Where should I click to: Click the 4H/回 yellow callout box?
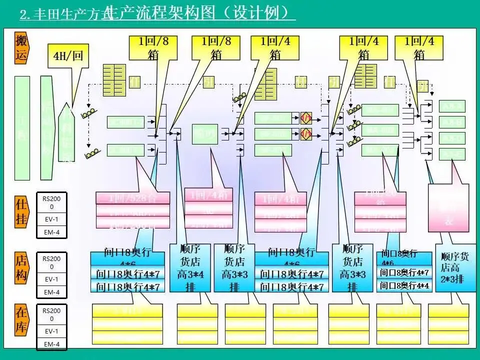coord(68,55)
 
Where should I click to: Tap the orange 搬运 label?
coord(21,48)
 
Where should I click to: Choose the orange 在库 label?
coord(21,320)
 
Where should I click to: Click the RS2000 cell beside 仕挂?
coord(51,202)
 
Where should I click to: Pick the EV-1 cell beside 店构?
coord(51,279)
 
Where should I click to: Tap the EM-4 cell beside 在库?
coord(51,344)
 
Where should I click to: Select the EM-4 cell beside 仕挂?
coord(51,232)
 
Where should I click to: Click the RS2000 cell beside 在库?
coord(51,314)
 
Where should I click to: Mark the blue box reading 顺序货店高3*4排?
coord(189,267)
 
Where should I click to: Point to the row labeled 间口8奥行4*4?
coord(404,285)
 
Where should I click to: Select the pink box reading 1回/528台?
coord(132,198)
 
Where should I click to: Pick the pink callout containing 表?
coord(448,207)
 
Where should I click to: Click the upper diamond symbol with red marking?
coord(306,118)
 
